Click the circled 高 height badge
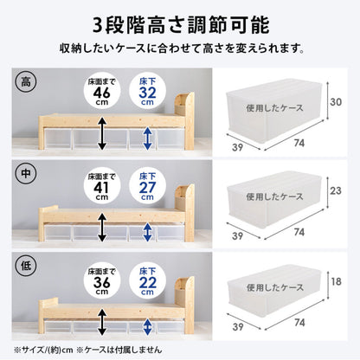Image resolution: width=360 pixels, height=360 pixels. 26,82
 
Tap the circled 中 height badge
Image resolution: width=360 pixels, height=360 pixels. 26,174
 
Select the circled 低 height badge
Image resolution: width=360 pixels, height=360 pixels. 26,266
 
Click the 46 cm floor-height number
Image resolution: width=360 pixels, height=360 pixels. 102,93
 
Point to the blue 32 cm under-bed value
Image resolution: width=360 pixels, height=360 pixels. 147,93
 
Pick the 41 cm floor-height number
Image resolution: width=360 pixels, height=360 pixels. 101,188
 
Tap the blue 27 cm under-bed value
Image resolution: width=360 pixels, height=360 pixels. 147,188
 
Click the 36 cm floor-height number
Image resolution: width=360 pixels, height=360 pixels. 102,283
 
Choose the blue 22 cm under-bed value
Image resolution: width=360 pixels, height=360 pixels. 147,283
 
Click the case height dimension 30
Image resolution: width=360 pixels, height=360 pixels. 336,102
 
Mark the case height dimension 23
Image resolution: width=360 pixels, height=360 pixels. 336,190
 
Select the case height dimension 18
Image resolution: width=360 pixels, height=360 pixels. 337,281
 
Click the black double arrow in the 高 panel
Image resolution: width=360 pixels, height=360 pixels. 102,133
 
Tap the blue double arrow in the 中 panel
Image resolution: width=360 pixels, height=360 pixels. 148,232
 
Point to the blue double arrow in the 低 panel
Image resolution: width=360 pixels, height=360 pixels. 148,327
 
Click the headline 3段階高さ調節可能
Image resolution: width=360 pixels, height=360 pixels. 181,25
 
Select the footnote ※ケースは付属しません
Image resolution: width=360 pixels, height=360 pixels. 119,350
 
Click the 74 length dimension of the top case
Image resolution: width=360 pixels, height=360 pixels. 299,143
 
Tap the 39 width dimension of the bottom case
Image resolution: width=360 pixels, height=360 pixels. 237,327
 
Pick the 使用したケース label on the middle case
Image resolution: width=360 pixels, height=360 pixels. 274,196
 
